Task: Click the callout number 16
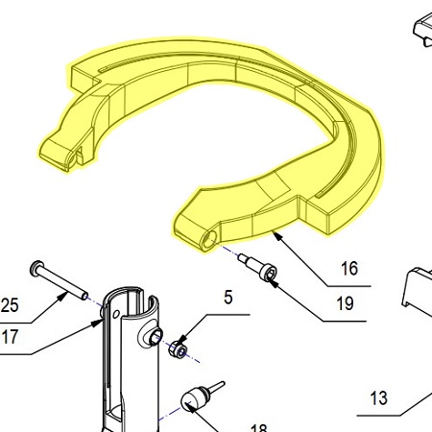coord(349,269)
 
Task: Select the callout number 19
coord(346,303)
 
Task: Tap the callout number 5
coord(228,298)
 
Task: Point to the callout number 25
coord(10,305)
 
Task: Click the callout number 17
coord(10,337)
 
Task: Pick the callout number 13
coord(379,398)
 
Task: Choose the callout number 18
coord(258,428)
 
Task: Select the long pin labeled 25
coord(59,280)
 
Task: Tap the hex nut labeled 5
coord(178,349)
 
